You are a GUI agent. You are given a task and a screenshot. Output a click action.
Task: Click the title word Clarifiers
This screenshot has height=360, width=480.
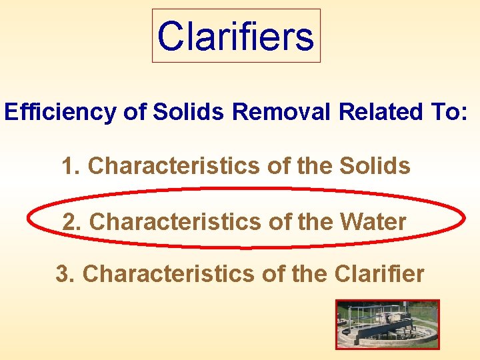click(236, 36)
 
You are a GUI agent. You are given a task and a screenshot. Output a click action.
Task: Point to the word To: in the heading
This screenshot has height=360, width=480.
click(447, 112)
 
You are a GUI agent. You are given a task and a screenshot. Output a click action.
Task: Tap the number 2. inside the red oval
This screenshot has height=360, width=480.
click(72, 222)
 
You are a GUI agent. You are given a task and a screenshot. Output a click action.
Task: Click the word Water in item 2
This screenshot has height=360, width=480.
click(373, 222)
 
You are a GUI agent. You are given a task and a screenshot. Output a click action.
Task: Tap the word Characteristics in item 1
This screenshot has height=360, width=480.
click(173, 166)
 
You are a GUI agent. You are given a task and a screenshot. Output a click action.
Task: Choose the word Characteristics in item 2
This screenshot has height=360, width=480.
click(175, 222)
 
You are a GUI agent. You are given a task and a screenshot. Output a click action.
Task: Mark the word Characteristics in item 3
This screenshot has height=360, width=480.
click(168, 273)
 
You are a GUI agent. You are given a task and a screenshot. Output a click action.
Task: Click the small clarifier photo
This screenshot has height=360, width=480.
click(387, 324)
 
